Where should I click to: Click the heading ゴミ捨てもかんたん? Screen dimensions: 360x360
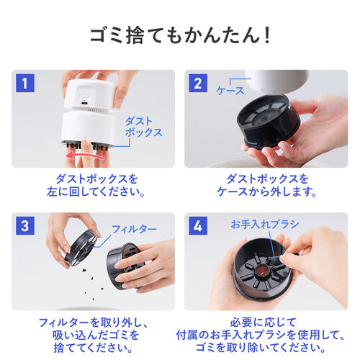point(179,35)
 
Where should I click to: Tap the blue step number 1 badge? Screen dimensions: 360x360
point(27,83)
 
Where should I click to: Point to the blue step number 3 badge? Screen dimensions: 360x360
point(27,226)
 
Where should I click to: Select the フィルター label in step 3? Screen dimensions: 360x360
point(134,228)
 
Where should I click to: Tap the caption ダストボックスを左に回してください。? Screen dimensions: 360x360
point(94,186)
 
